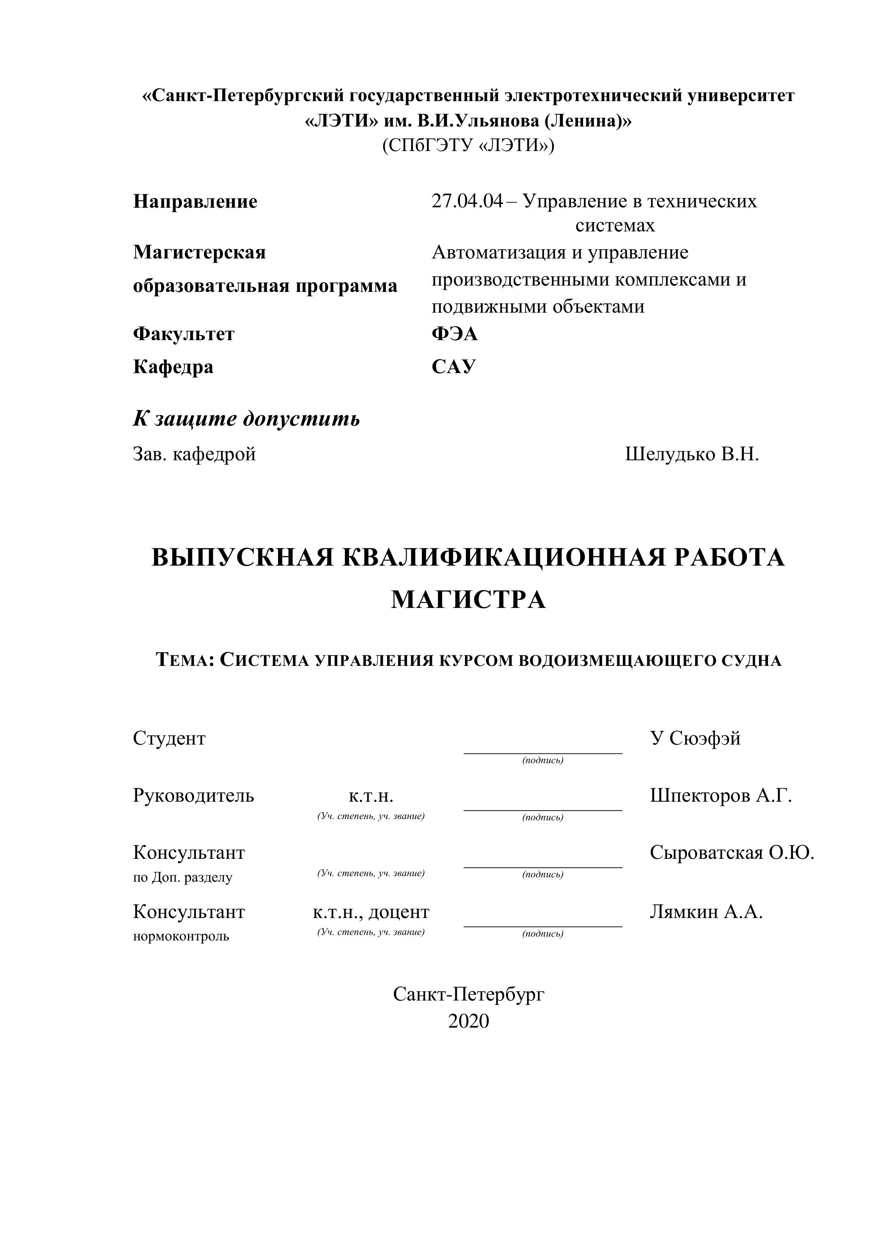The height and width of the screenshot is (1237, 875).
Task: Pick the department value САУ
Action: [x=454, y=367]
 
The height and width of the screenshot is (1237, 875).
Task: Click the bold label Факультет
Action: [x=184, y=334]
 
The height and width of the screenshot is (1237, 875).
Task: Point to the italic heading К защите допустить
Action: [x=246, y=419]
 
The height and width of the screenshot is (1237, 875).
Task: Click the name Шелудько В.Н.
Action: [x=692, y=454]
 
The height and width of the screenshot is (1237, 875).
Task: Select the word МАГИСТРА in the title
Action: [x=468, y=599]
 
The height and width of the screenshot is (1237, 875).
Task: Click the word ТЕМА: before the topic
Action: [x=185, y=660]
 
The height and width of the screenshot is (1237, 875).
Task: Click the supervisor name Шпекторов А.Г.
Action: [x=721, y=795]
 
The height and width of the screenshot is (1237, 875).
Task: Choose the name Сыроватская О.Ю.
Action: [x=732, y=852]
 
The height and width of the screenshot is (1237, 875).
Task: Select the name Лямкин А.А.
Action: [x=706, y=912]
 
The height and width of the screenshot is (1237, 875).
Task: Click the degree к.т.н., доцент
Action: [x=371, y=912]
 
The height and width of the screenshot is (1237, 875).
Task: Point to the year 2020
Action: [x=468, y=1021]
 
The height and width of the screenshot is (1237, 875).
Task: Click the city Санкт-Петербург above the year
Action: [x=468, y=994]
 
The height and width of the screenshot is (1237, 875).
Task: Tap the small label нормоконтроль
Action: [x=181, y=936]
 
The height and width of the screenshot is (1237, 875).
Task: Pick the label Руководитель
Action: [x=193, y=795]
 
